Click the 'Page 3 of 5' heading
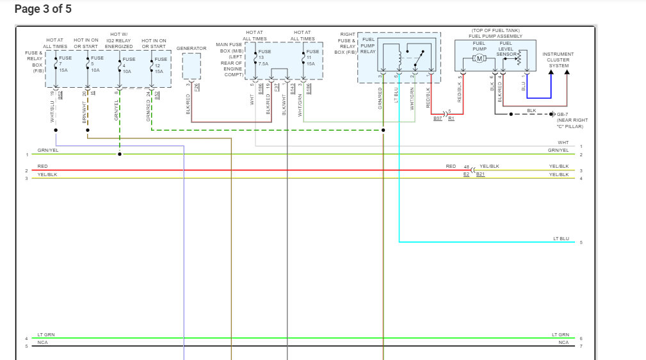click(x=43, y=9)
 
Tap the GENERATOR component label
click(x=191, y=48)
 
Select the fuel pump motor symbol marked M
click(x=479, y=59)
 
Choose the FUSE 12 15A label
click(x=161, y=65)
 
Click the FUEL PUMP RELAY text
click(x=368, y=46)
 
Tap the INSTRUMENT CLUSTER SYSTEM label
click(x=558, y=60)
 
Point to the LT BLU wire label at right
click(x=561, y=238)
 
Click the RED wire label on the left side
click(x=42, y=167)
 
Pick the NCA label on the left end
click(x=42, y=342)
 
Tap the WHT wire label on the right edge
click(x=563, y=143)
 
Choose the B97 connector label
click(x=438, y=119)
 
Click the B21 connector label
click(x=480, y=174)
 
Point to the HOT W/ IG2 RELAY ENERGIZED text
click(x=118, y=40)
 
